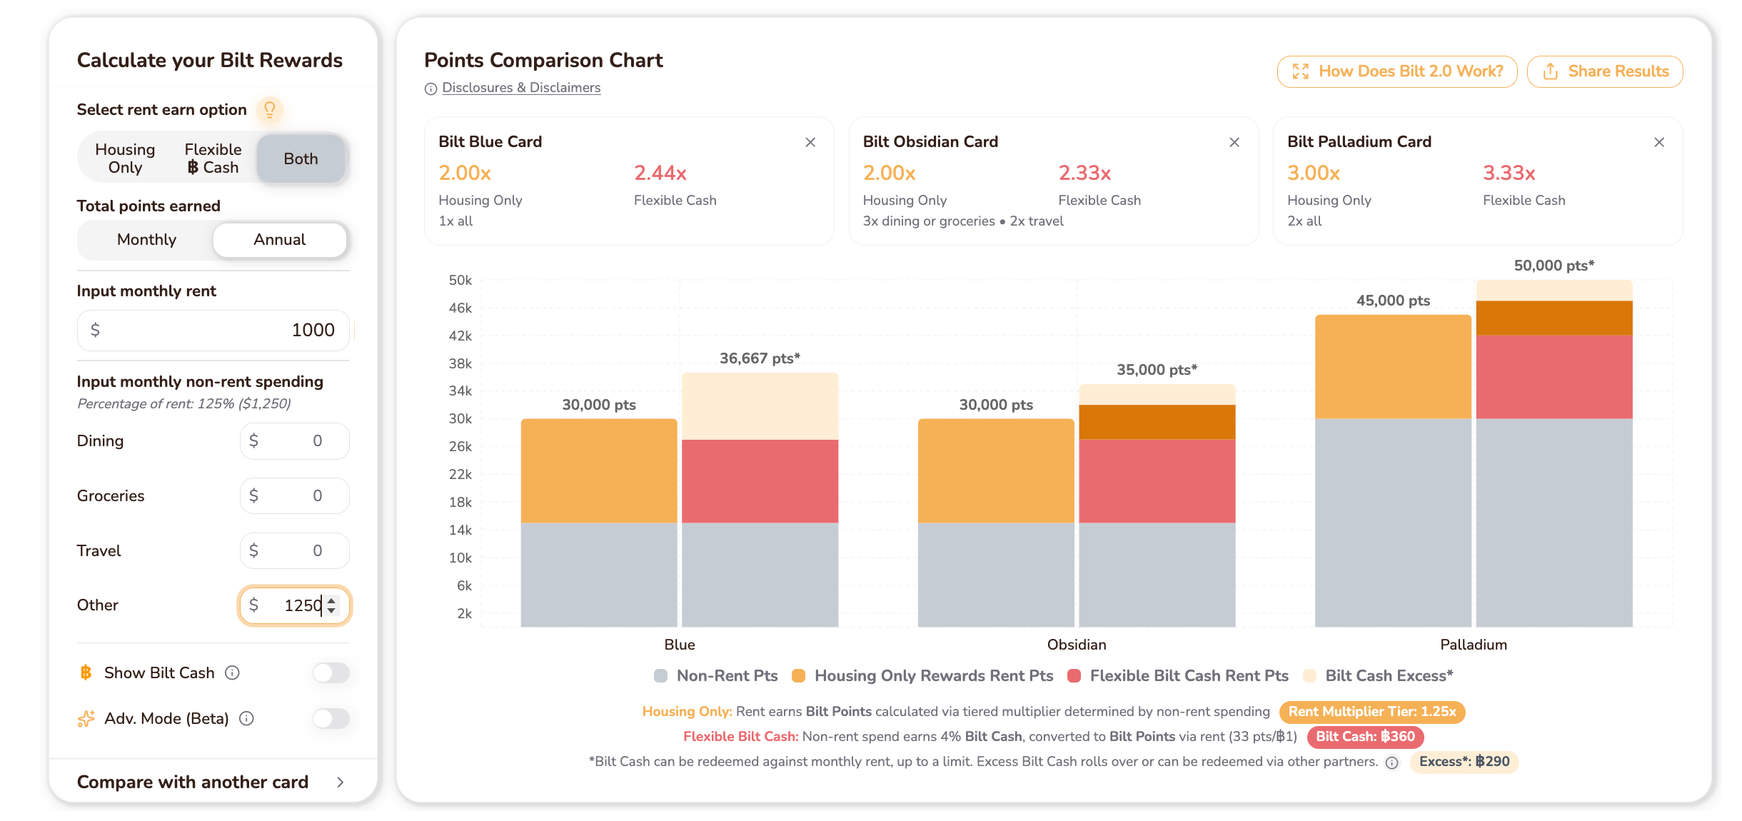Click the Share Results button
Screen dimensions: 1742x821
tap(1604, 71)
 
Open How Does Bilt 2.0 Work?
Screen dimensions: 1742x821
tap(1397, 71)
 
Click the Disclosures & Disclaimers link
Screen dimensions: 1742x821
tap(521, 88)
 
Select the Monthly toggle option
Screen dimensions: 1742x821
tap(146, 240)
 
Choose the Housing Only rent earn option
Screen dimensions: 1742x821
tap(125, 158)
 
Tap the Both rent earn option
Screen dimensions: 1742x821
tap(301, 158)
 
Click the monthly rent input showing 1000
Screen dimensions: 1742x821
tap(213, 330)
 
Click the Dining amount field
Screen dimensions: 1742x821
tap(295, 441)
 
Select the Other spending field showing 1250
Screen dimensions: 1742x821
tap(295, 605)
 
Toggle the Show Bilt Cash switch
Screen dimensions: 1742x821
tap(331, 673)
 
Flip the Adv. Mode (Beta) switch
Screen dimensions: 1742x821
tap(331, 718)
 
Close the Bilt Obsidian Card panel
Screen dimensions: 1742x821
tap(1234, 142)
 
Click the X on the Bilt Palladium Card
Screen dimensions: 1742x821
tap(1659, 142)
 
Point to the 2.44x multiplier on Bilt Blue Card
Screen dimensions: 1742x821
tap(660, 173)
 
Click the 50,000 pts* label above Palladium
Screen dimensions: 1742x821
tap(1554, 266)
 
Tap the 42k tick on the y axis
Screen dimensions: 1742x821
tap(460, 336)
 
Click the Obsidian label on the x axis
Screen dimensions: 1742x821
tap(1077, 645)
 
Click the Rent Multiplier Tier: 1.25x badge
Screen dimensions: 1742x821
tap(1371, 712)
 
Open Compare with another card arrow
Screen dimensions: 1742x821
tap(341, 782)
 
